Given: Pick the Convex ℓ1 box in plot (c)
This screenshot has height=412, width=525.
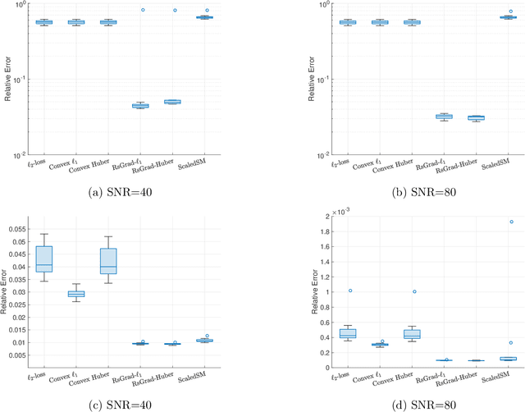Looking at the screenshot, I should pos(75,293).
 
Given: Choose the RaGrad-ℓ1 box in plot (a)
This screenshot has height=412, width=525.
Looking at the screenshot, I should pos(139,106).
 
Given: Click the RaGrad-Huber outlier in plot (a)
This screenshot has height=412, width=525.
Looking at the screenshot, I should pos(174,11).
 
